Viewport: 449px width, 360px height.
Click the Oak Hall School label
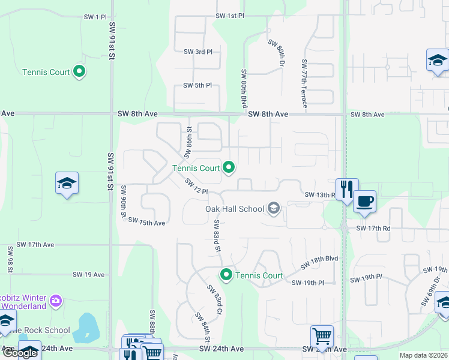coord(235,209)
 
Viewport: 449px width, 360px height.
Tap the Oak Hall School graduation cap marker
coord(274,208)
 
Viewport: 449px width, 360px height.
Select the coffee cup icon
coord(364,202)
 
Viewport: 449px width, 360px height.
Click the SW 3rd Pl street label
coord(198,52)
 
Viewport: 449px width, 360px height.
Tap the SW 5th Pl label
coord(197,86)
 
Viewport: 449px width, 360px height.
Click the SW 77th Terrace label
coord(304,83)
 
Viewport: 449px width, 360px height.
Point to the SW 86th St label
coord(188,138)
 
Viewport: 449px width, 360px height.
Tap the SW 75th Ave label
coord(146,223)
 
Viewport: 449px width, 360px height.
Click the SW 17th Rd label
coord(373,229)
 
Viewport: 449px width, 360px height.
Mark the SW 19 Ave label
coord(88,275)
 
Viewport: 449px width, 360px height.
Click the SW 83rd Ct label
coord(215,300)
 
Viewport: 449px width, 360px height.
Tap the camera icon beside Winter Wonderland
coord(55,300)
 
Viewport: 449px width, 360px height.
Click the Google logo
coord(19,353)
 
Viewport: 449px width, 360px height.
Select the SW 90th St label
coord(124,202)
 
